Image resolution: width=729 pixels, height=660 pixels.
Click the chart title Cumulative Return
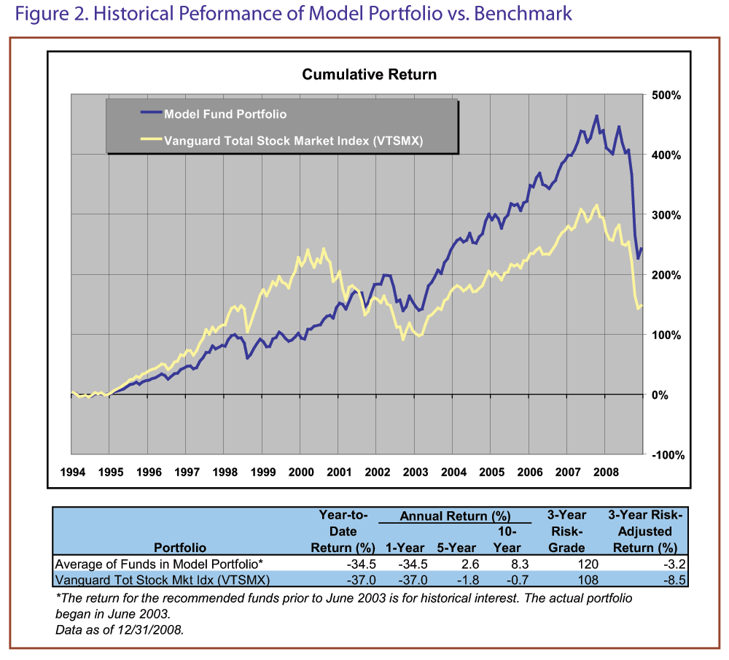pos(369,74)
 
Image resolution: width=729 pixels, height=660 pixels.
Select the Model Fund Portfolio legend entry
pos(225,114)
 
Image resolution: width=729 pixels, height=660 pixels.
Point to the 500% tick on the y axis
pos(666,96)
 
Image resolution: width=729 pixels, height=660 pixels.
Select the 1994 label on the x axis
pos(72,472)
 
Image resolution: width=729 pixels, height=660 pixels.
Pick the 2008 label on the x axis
pos(605,472)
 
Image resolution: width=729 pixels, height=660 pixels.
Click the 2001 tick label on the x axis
pos(339,472)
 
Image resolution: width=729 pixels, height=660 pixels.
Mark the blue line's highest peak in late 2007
pos(596,115)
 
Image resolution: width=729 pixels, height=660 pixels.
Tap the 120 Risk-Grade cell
pos(588,564)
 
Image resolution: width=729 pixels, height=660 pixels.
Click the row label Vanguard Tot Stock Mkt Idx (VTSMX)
pos(163,580)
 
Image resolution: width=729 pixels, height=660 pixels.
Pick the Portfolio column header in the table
pos(180,548)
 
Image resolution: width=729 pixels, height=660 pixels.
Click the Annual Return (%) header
pos(455,516)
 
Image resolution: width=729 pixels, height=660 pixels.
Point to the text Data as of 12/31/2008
pos(120,629)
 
